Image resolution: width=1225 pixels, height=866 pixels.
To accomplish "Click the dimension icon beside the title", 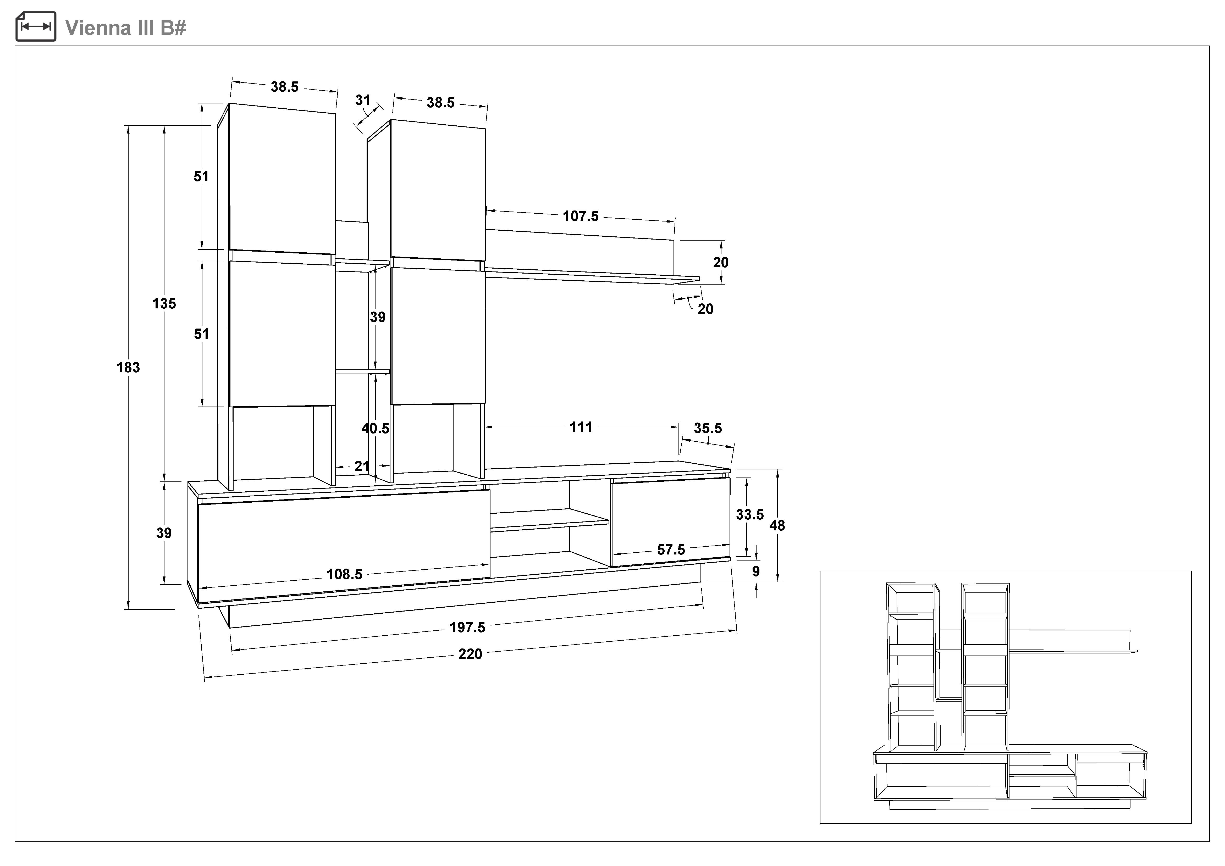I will click(x=36, y=27).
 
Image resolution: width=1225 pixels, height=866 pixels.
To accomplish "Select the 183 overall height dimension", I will click(x=128, y=367).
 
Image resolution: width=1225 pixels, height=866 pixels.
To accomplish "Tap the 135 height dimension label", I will click(x=164, y=304).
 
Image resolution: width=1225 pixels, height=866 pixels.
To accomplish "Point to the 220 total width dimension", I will click(x=470, y=654).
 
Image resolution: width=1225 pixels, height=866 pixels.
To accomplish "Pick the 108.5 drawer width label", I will click(x=344, y=574).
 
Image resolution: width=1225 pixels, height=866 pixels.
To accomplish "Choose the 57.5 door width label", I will click(x=671, y=550).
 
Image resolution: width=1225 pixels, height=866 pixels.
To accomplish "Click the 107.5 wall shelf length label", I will click(x=581, y=216).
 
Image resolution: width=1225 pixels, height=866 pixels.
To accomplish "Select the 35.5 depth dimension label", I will click(x=708, y=428).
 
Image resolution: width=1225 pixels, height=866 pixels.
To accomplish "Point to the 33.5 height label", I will click(x=750, y=515).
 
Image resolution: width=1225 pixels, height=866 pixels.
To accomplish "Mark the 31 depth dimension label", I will click(x=363, y=100).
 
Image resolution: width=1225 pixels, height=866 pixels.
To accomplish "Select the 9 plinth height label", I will click(x=755, y=572).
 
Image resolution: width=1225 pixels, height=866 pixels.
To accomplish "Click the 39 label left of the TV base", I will click(x=164, y=533).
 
